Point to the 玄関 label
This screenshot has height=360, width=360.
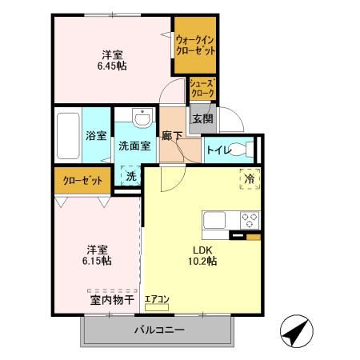(x=202, y=119)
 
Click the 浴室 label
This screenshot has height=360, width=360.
(x=96, y=135)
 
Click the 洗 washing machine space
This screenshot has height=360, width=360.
(x=130, y=175)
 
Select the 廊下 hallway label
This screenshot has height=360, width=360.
(x=171, y=136)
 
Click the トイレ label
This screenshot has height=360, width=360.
(x=218, y=149)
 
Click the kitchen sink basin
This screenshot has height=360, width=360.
(x=216, y=219)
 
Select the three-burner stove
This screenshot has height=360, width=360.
(x=250, y=219)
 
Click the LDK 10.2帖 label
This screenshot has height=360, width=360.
(x=202, y=255)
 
